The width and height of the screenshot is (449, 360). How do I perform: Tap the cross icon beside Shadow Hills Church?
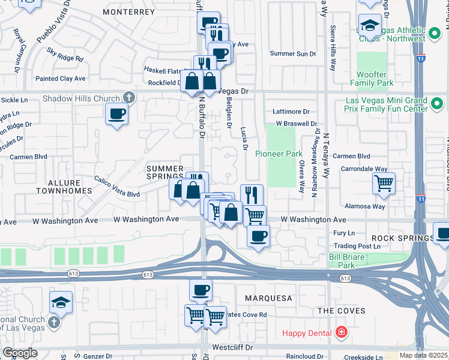128,97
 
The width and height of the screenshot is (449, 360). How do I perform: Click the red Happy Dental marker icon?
341,332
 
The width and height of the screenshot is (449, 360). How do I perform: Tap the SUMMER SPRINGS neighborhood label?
165,173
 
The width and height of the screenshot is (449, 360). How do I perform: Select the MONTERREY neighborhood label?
128,11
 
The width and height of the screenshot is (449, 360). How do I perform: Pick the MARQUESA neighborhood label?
268,298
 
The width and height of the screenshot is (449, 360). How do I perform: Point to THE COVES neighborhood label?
341,310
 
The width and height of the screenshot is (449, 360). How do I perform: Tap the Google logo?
20,353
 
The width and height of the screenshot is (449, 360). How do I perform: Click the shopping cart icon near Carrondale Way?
384,182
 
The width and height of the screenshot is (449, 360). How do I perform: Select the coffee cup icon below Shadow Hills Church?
116,113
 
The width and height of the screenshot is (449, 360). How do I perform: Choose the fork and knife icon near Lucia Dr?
252,194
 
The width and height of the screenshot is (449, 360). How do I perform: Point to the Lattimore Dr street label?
290,112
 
